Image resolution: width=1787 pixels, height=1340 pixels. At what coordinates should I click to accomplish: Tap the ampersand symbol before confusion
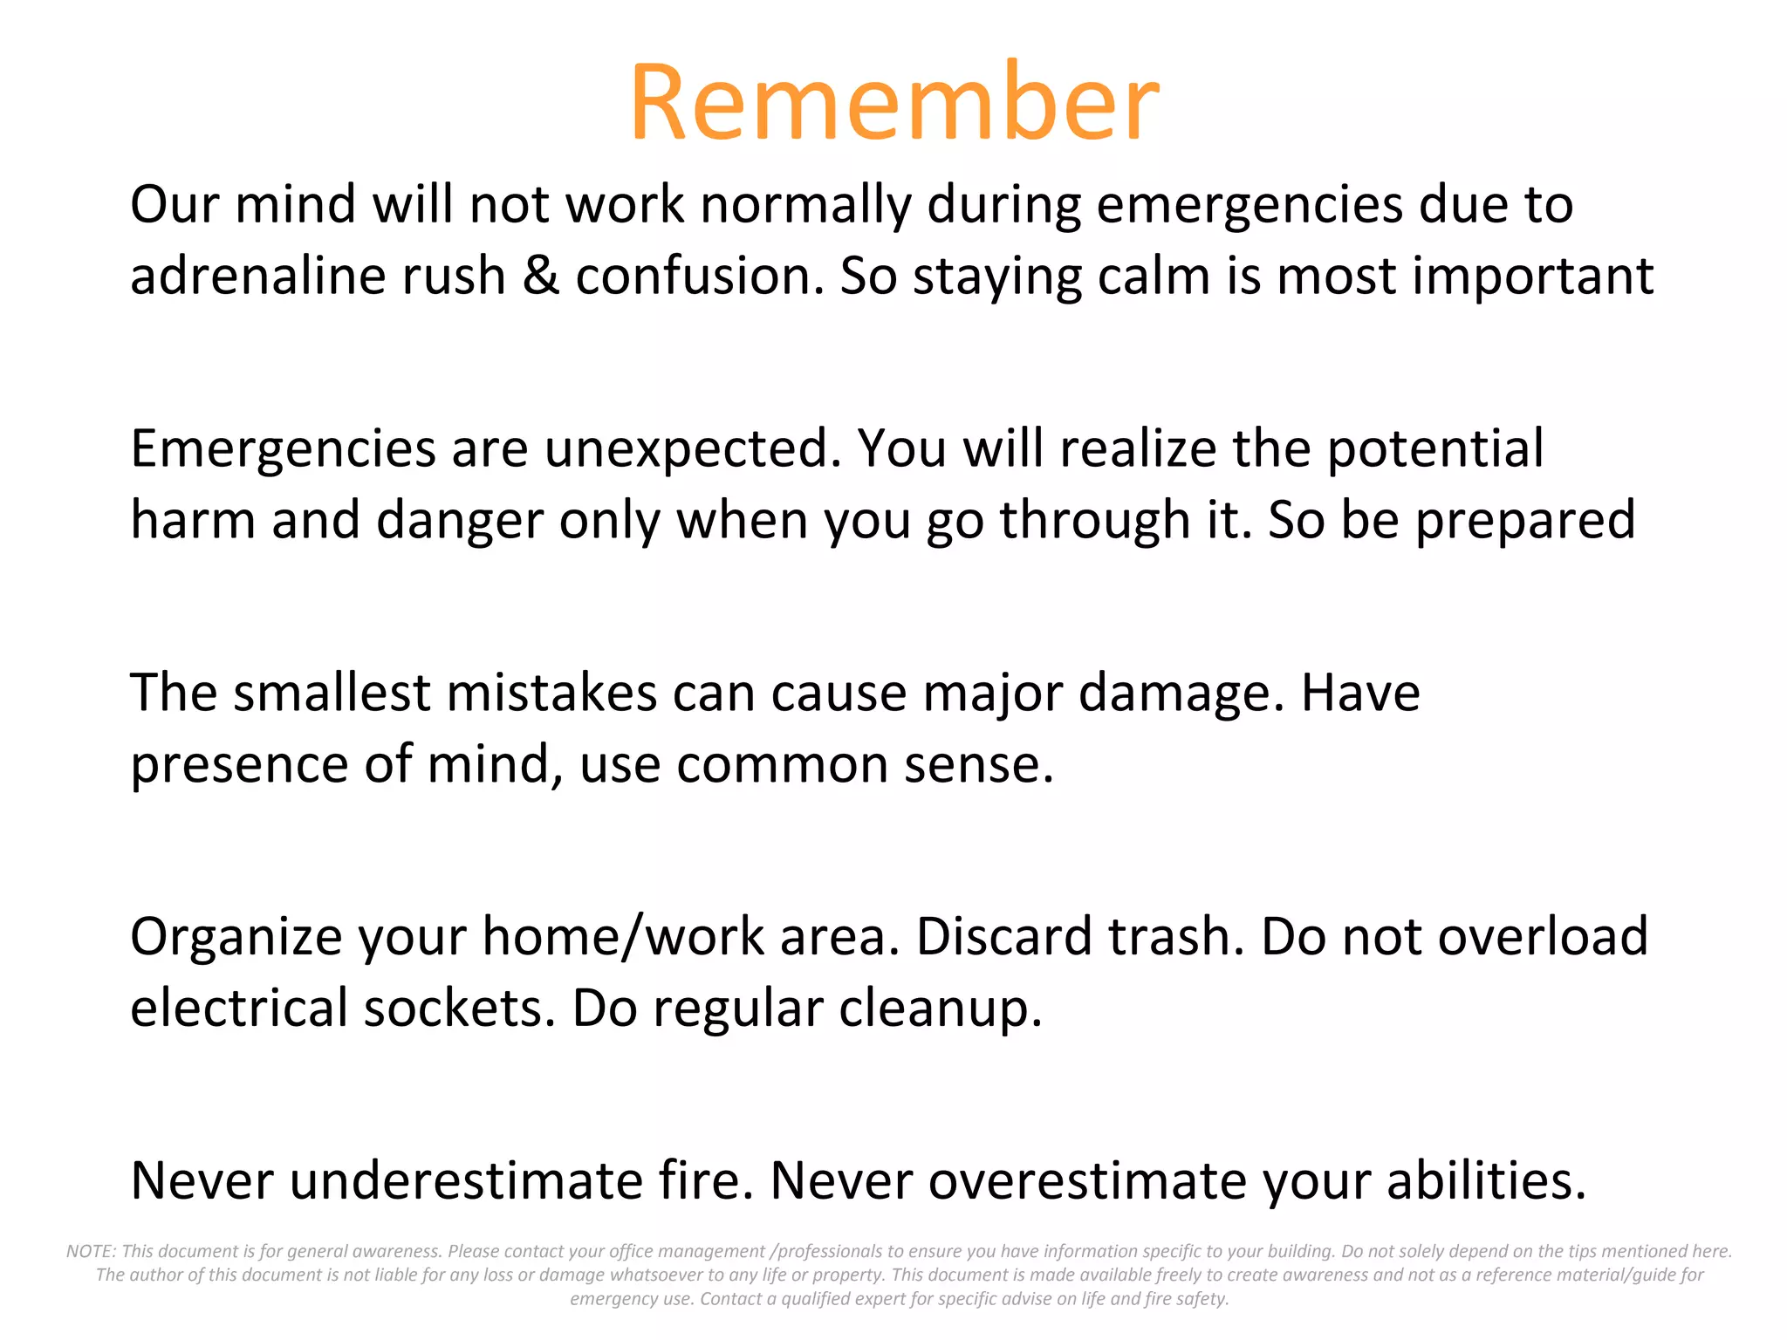[x=541, y=276]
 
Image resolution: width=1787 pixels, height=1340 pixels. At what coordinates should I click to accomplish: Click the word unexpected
[x=693, y=450]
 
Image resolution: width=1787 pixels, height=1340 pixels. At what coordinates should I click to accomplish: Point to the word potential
[x=1434, y=450]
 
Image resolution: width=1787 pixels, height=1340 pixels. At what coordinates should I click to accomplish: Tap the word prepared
[x=1524, y=521]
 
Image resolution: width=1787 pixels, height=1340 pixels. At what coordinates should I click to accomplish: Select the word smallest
[x=332, y=693]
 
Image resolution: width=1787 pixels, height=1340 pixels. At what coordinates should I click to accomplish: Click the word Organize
[x=236, y=938]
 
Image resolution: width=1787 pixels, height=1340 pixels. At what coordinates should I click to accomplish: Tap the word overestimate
[x=1087, y=1181]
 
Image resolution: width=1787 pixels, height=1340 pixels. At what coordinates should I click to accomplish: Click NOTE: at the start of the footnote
[x=91, y=1251]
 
